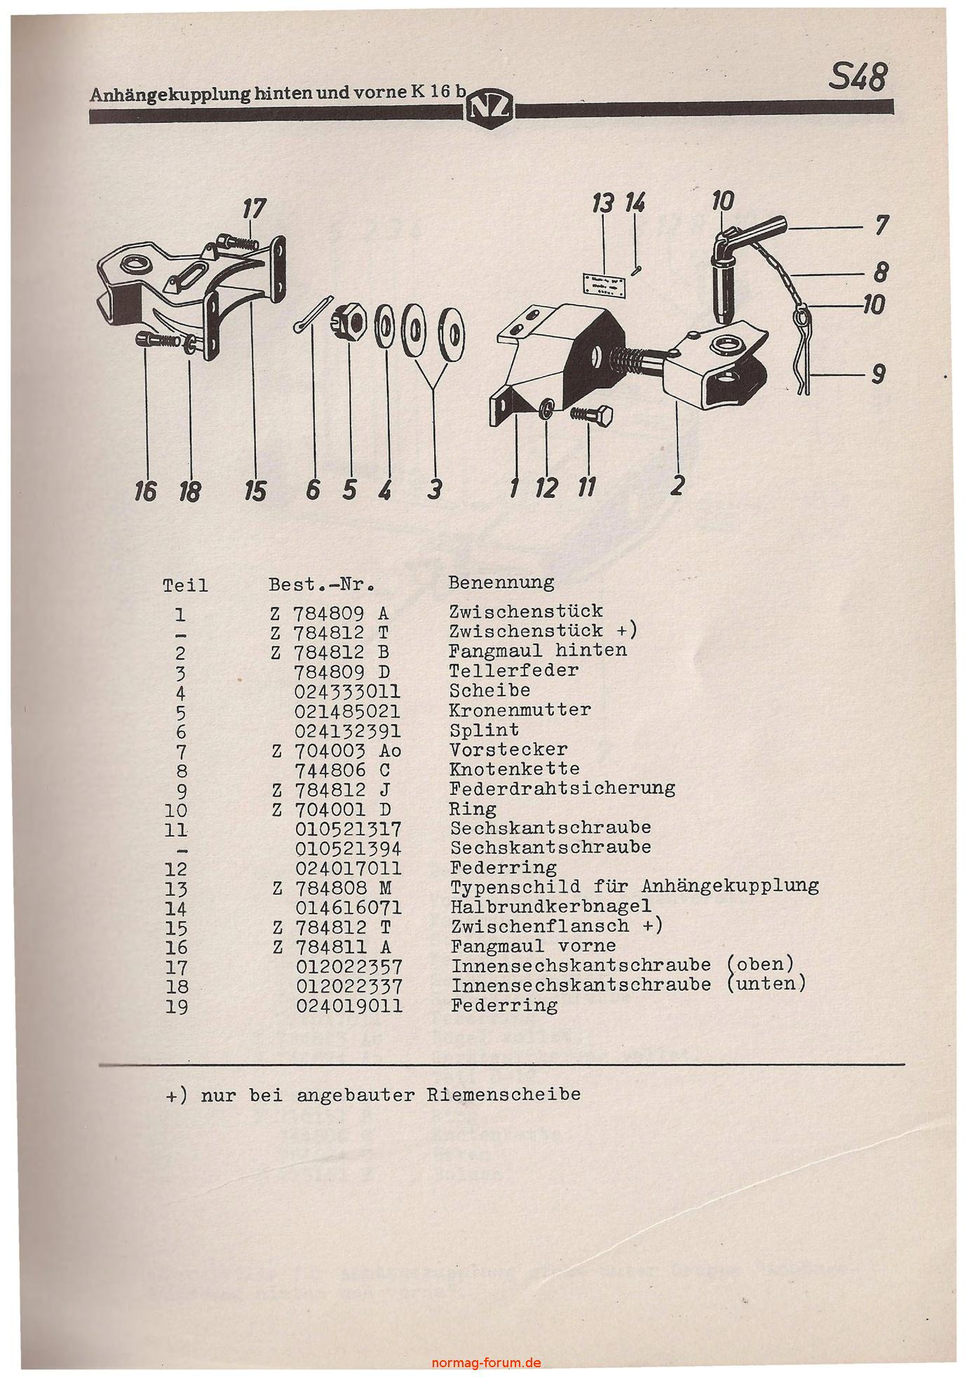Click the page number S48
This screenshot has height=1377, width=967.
[x=857, y=76]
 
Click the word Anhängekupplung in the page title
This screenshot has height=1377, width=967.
[x=170, y=95]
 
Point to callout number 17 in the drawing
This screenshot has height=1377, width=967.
[x=255, y=208]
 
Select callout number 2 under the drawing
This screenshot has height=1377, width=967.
[x=677, y=484]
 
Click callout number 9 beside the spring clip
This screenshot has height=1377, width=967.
[x=878, y=376]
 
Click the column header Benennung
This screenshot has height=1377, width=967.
[x=501, y=582]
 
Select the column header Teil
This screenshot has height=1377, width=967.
[x=185, y=585]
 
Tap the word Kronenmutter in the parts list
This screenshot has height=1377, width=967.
[x=520, y=710]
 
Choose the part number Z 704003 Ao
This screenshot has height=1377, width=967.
[x=337, y=750]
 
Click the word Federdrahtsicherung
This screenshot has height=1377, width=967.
[x=562, y=788]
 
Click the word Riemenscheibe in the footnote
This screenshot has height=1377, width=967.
[x=503, y=1094]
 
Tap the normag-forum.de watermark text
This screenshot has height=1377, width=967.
[x=486, y=1363]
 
